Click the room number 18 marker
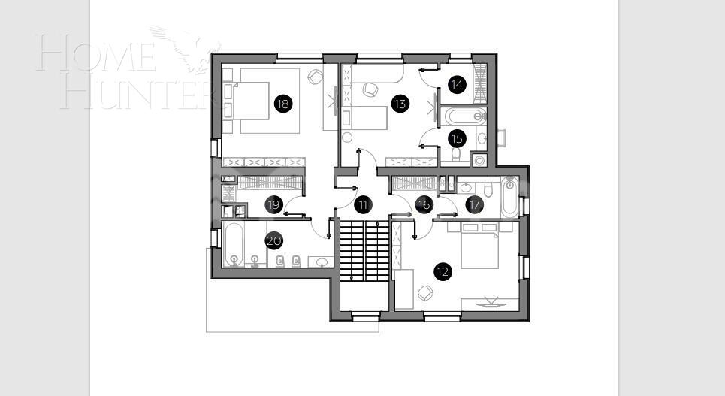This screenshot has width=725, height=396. point(282,104)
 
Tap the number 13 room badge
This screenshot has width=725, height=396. point(400,104)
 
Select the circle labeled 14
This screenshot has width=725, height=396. point(456,85)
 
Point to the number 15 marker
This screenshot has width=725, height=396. point(456,138)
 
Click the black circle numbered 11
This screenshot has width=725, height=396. point(363,204)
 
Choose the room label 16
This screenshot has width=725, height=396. point(424,204)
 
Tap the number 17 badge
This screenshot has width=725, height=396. point(473,204)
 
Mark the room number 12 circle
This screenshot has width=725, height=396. point(442,272)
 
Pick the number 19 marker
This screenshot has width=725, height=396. point(273,204)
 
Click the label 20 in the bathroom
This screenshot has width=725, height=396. point(273,241)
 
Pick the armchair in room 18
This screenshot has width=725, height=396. point(316,77)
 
